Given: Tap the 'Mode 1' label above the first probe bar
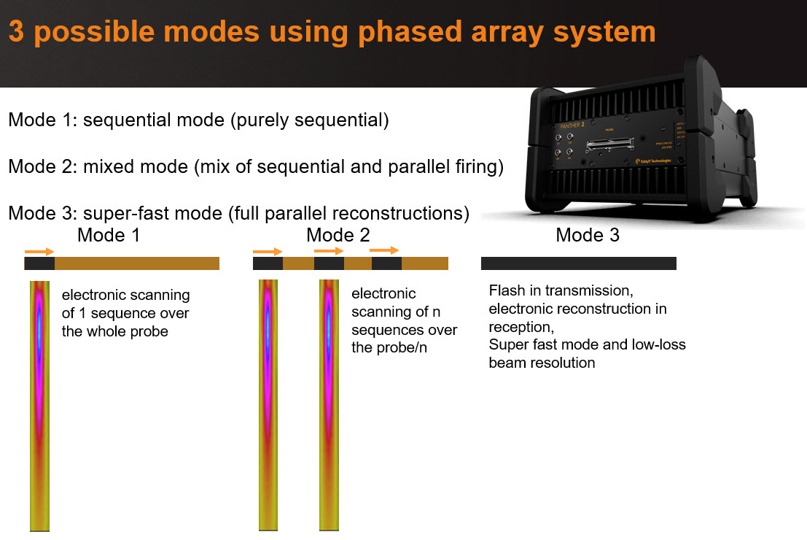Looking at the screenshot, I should pyautogui.click(x=109, y=235).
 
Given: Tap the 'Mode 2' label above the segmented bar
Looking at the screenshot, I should pyautogui.click(x=338, y=235).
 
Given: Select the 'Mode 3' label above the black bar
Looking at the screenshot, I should pyautogui.click(x=588, y=235).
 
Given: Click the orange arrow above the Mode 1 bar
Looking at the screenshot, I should pyautogui.click(x=39, y=252).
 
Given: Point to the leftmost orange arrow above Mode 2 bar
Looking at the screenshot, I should pyautogui.click(x=268, y=252).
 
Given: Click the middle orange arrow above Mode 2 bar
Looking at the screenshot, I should pyautogui.click(x=329, y=250).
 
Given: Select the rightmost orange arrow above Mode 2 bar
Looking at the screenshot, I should pyautogui.click(x=385, y=250).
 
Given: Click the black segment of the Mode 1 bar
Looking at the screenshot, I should pyautogui.click(x=39, y=263).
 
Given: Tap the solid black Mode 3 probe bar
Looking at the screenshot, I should pyautogui.click(x=579, y=263).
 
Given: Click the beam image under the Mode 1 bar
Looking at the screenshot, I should pyautogui.click(x=39, y=405).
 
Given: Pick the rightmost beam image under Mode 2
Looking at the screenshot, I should pyautogui.click(x=329, y=405).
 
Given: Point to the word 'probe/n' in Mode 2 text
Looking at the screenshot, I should pyautogui.click(x=378, y=348).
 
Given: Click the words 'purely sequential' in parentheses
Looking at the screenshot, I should pyautogui.click(x=310, y=120).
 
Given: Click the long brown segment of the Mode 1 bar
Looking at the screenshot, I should pyautogui.click(x=137, y=263).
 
